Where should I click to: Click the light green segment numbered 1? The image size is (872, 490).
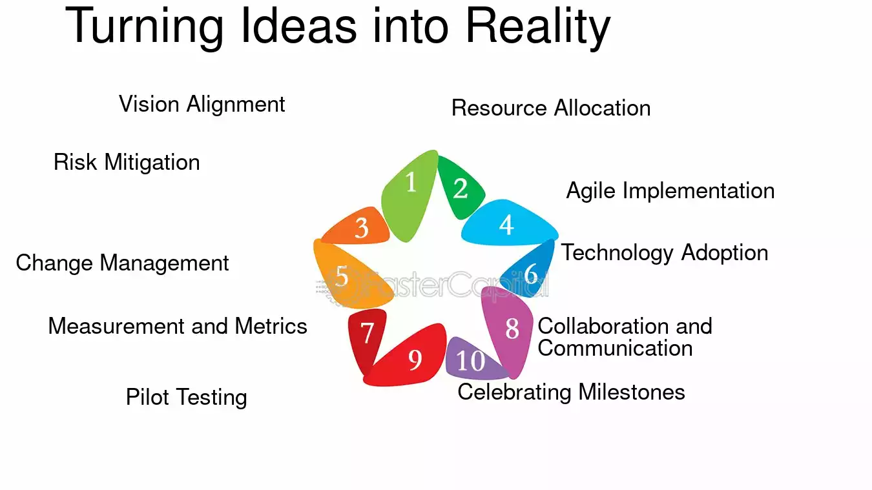[x=409, y=194]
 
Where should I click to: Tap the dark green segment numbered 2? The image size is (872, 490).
[x=460, y=189]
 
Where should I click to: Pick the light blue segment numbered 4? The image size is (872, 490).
[x=507, y=225]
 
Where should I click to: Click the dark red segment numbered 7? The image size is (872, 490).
[x=366, y=335]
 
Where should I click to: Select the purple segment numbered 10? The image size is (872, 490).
[x=472, y=360]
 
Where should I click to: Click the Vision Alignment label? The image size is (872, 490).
[x=202, y=105]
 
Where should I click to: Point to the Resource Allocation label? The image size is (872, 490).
[x=551, y=108]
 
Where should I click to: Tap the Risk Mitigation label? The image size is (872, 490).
[x=127, y=162]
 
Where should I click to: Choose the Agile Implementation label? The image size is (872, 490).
[x=670, y=190]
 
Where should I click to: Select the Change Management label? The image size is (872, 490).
[x=122, y=263]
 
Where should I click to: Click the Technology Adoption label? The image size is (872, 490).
[x=665, y=253]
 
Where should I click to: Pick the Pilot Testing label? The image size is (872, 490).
[x=187, y=398]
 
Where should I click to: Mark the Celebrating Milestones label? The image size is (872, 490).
[x=571, y=392]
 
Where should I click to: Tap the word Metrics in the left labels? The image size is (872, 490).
[x=271, y=326]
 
